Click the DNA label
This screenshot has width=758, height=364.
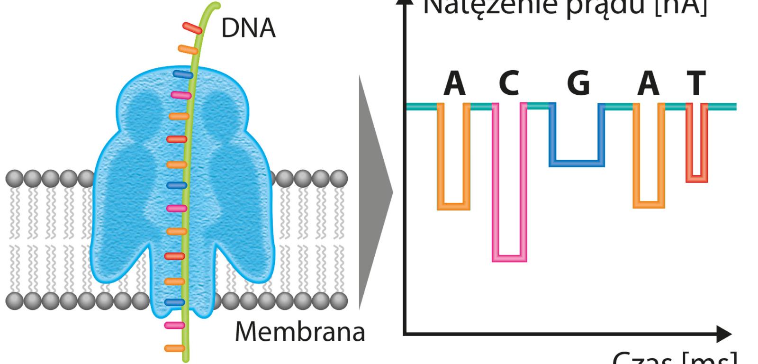[248, 28]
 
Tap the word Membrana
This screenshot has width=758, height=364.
[300, 332]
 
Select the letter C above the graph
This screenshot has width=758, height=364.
[509, 84]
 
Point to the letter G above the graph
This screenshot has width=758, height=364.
[578, 84]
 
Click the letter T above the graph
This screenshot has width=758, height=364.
[696, 84]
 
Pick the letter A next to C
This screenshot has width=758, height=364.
[454, 84]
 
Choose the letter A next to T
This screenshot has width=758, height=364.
[649, 84]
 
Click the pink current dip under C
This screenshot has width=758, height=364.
[509, 258]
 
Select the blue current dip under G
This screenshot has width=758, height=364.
[577, 163]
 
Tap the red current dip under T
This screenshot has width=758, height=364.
[697, 179]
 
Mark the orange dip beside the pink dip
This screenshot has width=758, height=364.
[453, 206]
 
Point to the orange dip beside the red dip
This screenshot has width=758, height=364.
[649, 205]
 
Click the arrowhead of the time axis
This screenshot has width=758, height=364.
[724, 334]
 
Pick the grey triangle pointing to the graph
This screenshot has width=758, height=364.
[374, 192]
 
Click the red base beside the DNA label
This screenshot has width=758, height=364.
[192, 28]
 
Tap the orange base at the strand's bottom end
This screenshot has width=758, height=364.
[174, 348]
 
